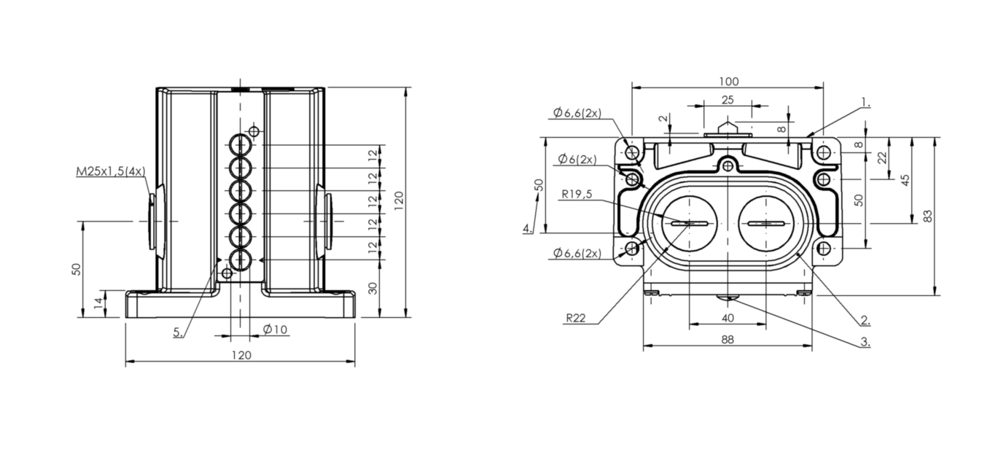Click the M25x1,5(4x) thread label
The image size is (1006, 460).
pyautogui.click(x=111, y=171)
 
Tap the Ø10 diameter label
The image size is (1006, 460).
pyautogui.click(x=275, y=330)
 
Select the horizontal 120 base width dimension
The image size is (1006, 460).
pyautogui.click(x=241, y=355)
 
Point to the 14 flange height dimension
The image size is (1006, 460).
pyautogui.click(x=98, y=303)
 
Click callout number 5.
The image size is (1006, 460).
pyautogui.click(x=178, y=332)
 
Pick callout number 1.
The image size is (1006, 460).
pyautogui.click(x=865, y=103)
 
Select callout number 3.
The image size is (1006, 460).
pyautogui.click(x=865, y=342)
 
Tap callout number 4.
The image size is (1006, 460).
pyautogui.click(x=528, y=228)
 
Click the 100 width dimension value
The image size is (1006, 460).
pyautogui.click(x=728, y=82)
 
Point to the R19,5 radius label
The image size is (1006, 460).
pyautogui.click(x=577, y=194)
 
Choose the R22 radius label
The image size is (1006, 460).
pyautogui.click(x=576, y=318)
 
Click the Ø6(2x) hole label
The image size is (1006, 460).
pyautogui.click(x=577, y=159)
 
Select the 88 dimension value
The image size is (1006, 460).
pyautogui.click(x=728, y=340)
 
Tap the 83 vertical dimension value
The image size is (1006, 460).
pyautogui.click(x=928, y=216)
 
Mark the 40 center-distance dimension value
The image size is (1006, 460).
pyautogui.click(x=728, y=318)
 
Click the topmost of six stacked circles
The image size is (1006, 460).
pyautogui.click(x=241, y=144)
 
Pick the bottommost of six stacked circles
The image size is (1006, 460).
pyautogui.click(x=241, y=260)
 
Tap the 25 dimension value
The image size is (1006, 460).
pyautogui.click(x=728, y=100)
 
